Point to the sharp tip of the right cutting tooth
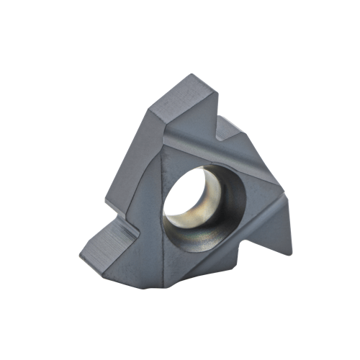291,253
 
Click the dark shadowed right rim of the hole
230,205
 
